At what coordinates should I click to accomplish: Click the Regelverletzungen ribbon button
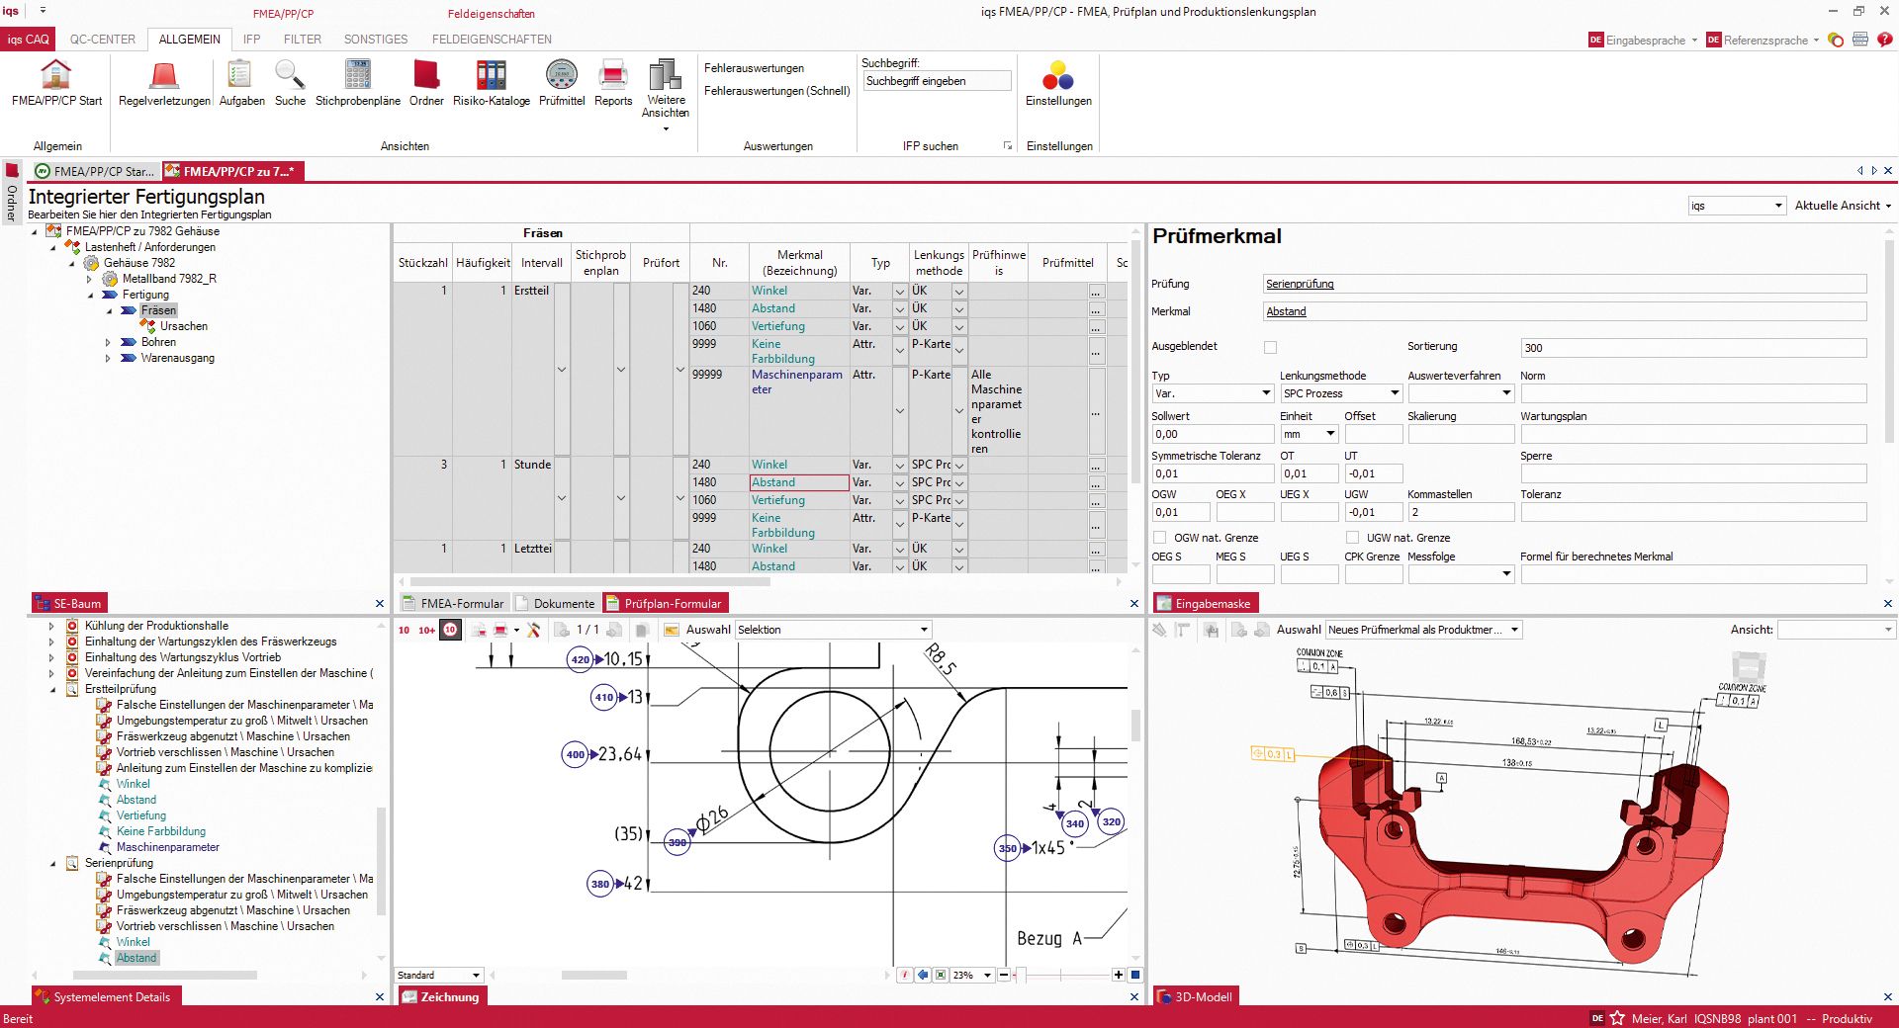[x=164, y=83]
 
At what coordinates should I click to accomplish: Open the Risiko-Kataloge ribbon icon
[x=491, y=83]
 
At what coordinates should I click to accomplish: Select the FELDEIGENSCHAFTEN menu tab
[x=492, y=40]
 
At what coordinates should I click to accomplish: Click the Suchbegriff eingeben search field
[x=936, y=81]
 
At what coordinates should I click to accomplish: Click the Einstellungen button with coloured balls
[x=1058, y=83]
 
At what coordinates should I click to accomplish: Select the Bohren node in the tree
[x=158, y=342]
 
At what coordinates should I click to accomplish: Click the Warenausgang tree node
[x=177, y=358]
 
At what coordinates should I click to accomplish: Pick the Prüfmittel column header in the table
[x=1067, y=263]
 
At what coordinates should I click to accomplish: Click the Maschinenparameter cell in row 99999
[x=796, y=382]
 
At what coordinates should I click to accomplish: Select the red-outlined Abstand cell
[x=798, y=482]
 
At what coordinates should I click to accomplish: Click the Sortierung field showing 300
[x=1692, y=348]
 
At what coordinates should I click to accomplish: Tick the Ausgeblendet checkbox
[x=1271, y=347]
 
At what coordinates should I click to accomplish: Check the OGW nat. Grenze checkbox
[x=1160, y=538]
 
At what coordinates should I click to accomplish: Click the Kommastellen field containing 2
[x=1460, y=512]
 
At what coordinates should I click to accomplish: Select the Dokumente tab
[x=563, y=604]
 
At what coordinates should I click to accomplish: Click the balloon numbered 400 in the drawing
[x=575, y=754]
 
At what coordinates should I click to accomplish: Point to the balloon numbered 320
[x=1112, y=821]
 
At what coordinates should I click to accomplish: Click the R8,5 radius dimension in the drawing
[x=941, y=659]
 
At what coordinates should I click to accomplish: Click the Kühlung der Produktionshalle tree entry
[x=156, y=626]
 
